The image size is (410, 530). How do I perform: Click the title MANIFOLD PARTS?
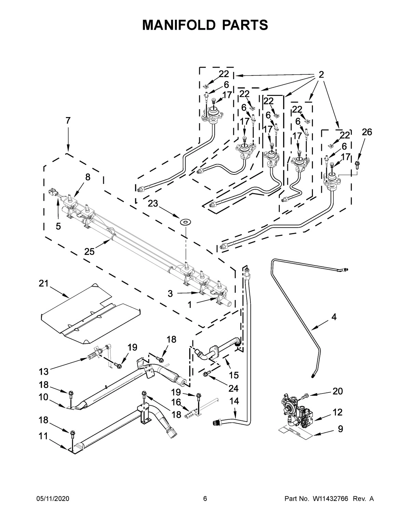(205, 25)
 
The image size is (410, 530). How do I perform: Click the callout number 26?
(367, 132)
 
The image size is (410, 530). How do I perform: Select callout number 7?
(68, 120)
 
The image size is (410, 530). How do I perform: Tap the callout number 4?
(333, 317)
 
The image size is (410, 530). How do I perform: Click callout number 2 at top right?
(321, 74)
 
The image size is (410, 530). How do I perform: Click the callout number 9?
(340, 429)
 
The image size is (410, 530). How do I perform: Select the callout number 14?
(234, 401)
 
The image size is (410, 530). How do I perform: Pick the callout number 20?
(338, 391)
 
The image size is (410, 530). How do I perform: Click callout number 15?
(233, 375)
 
